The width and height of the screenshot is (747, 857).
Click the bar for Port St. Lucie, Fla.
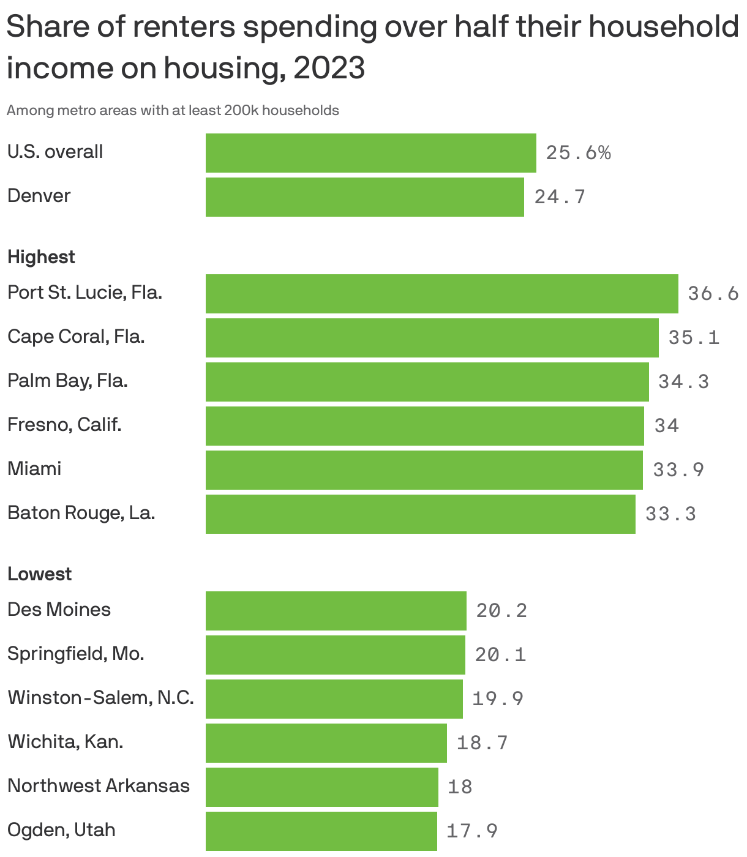pyautogui.click(x=441, y=294)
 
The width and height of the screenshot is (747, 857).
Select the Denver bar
pyautogui.click(x=364, y=197)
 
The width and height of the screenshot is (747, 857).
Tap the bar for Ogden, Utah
pyautogui.click(x=321, y=831)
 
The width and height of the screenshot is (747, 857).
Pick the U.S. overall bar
pyautogui.click(x=370, y=153)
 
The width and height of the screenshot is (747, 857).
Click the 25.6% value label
pyautogui.click(x=578, y=153)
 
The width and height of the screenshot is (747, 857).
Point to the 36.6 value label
pyautogui.click(x=713, y=294)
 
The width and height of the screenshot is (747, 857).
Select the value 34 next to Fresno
pyautogui.click(x=666, y=425)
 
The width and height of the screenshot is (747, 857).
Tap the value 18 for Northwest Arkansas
pyautogui.click(x=460, y=787)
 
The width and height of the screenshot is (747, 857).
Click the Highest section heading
pyautogui.click(x=41, y=257)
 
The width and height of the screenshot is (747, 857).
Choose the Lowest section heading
pyautogui.click(x=39, y=574)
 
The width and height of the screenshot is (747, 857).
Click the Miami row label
pyautogui.click(x=34, y=469)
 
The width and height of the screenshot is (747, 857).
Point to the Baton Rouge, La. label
pyautogui.click(x=81, y=513)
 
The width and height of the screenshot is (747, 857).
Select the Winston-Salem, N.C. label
pyautogui.click(x=100, y=698)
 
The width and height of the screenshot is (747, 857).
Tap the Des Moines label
pyautogui.click(x=59, y=610)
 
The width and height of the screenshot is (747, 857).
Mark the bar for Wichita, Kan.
pyautogui.click(x=326, y=743)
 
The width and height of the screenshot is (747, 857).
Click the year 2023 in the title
pyautogui.click(x=329, y=68)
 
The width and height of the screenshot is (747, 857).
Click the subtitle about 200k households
pyautogui.click(x=173, y=111)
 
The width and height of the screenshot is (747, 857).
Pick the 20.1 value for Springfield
pyautogui.click(x=500, y=655)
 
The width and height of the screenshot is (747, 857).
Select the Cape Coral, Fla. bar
pyautogui.click(x=432, y=338)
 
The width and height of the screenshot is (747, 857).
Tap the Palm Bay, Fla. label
pyautogui.click(x=67, y=381)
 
